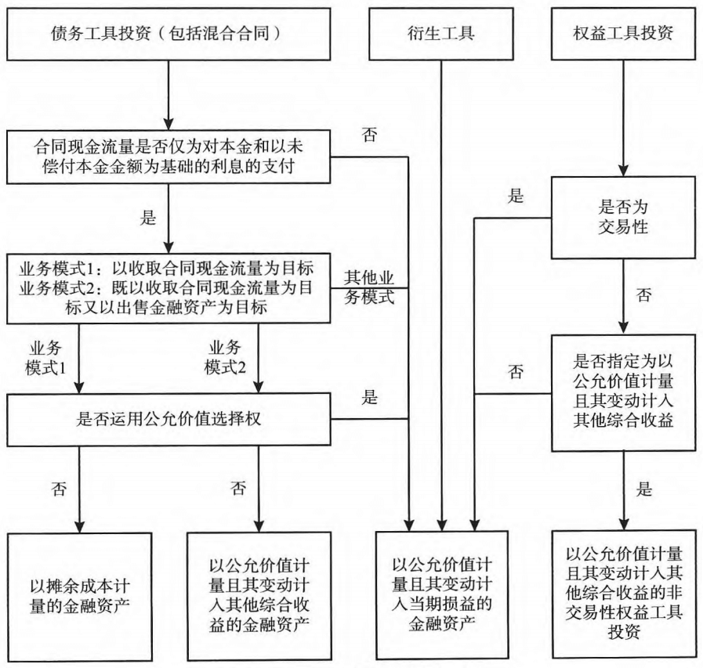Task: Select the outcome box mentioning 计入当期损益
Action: [442, 590]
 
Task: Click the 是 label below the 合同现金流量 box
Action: [149, 218]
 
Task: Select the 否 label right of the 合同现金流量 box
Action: [369, 134]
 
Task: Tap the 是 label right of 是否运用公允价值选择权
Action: [369, 397]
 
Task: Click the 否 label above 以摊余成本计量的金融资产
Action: [60, 489]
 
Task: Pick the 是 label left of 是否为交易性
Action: [516, 196]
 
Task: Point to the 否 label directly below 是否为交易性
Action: [643, 297]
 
